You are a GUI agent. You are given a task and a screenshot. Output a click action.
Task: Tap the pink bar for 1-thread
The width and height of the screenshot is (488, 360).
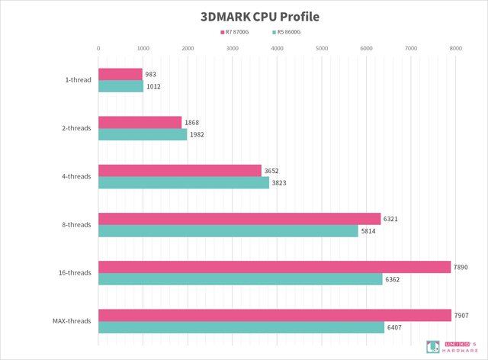pyautogui.click(x=120, y=74)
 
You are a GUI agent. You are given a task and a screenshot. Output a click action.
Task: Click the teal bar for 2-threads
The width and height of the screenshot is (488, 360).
pyautogui.click(x=143, y=134)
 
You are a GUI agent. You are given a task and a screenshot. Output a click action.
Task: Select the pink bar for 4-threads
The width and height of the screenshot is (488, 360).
pyautogui.click(x=180, y=170)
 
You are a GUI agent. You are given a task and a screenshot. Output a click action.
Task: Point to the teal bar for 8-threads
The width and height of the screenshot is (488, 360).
pyautogui.click(x=228, y=231)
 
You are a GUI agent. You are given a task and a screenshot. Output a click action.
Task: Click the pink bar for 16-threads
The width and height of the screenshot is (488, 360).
pyautogui.click(x=274, y=267)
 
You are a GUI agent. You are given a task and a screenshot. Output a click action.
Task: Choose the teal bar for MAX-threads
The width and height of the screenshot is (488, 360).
pyautogui.click(x=242, y=327)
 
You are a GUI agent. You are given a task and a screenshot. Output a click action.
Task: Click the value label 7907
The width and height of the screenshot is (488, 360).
pyautogui.click(x=462, y=315)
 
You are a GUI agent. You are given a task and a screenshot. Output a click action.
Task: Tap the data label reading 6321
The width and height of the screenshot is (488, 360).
pyautogui.click(x=390, y=219)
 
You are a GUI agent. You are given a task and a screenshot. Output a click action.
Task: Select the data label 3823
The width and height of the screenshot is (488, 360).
pyautogui.click(x=280, y=183)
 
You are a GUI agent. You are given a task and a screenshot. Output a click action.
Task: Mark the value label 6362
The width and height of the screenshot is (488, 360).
pyautogui.click(x=393, y=279)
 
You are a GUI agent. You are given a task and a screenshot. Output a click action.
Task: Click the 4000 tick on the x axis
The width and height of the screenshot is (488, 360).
pyautogui.click(x=277, y=48)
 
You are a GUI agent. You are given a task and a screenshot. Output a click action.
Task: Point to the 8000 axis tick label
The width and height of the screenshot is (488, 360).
pyautogui.click(x=456, y=48)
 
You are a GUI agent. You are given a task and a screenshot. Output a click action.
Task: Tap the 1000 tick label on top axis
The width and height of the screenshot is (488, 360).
pyautogui.click(x=143, y=48)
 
